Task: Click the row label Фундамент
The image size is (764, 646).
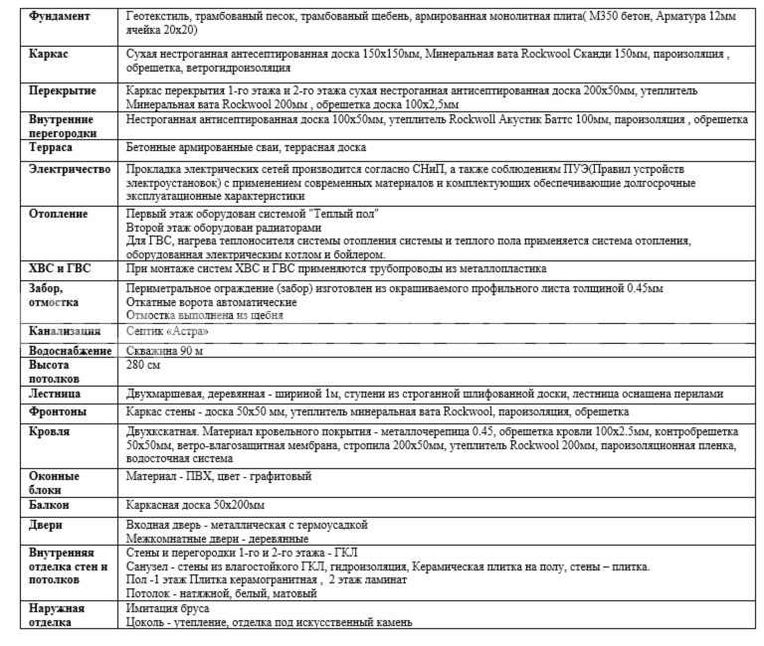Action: pyautogui.click(x=61, y=18)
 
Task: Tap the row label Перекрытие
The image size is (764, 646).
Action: pyautogui.click(x=63, y=90)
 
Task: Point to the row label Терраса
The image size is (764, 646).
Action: pyautogui.click(x=54, y=147)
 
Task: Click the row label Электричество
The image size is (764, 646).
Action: pyautogui.click(x=70, y=170)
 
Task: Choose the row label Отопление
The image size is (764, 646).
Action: pyautogui.click(x=59, y=214)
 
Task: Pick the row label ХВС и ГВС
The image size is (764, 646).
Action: pyautogui.click(x=61, y=268)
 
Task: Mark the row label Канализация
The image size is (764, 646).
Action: pyautogui.click(x=65, y=331)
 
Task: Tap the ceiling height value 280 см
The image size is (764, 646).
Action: pyautogui.click(x=146, y=366)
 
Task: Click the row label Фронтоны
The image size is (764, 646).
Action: pyautogui.click(x=58, y=411)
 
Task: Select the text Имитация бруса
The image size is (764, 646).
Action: pyautogui.click(x=172, y=608)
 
